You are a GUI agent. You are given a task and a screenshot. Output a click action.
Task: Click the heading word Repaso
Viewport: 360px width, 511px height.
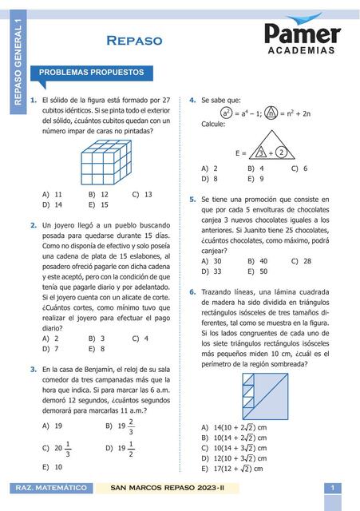tap(134, 41)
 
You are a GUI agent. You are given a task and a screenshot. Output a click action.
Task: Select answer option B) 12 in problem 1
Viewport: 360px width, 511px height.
tap(98, 194)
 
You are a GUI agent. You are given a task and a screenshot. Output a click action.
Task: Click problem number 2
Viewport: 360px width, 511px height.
tap(33, 226)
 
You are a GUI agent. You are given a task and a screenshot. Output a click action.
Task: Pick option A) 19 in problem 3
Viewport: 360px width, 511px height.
tap(53, 426)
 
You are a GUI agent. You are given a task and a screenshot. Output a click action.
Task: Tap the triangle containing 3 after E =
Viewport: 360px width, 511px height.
tap(259, 152)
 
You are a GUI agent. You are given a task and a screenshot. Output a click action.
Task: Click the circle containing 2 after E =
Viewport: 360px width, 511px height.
tap(282, 152)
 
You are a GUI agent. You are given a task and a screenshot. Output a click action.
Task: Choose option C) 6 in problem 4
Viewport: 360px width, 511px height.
tap(299, 168)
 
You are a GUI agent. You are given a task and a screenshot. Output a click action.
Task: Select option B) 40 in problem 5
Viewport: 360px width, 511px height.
tap(257, 261)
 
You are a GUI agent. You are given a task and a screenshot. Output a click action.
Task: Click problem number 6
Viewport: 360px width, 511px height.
tap(192, 292)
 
